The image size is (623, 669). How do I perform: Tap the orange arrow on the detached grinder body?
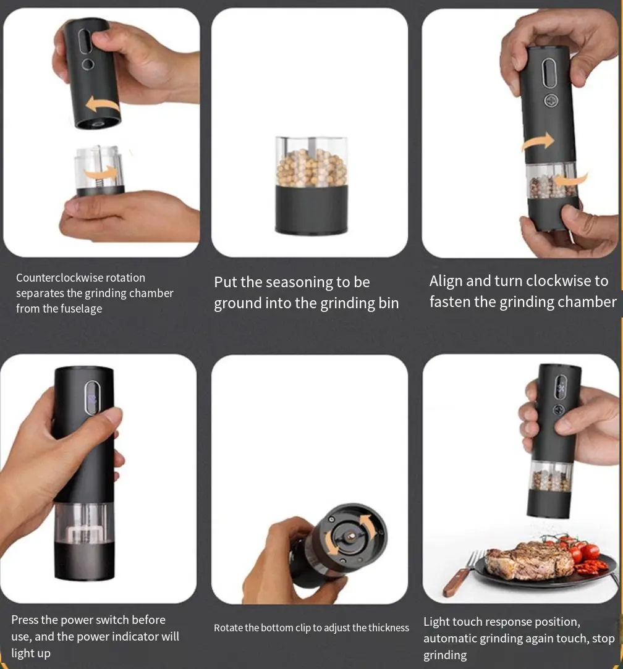[102, 104]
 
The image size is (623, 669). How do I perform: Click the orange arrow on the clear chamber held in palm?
[100, 173]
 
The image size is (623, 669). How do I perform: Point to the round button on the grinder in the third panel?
[551, 101]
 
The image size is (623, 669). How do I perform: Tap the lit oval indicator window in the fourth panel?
[92, 397]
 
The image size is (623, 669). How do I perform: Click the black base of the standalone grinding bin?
[311, 209]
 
